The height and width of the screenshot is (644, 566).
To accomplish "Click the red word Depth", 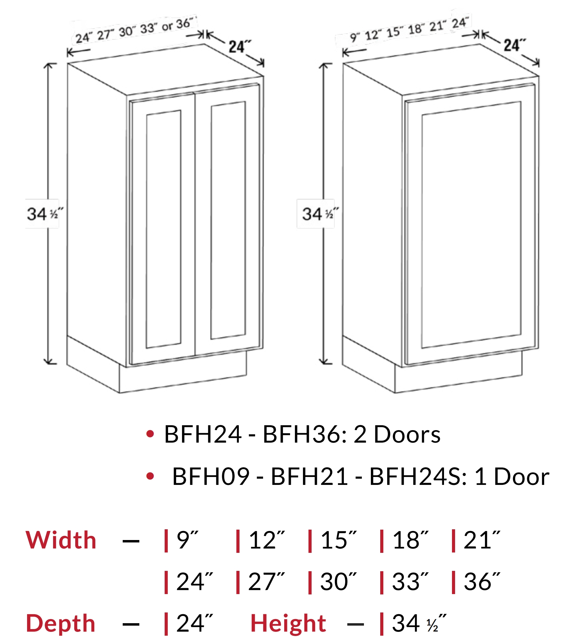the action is coord(61,623).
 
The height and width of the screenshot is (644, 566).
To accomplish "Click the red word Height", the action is coord(288,623).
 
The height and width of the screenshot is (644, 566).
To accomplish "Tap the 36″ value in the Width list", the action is coord(482,581).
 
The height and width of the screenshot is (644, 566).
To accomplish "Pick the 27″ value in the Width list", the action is coord(266,581).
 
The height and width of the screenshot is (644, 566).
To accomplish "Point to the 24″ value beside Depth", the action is coord(194,623).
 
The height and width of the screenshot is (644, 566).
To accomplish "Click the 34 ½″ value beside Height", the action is coord(419,623).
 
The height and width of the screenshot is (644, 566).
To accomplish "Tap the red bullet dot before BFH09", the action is coord(150,476).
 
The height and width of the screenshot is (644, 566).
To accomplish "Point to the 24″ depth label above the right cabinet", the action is coord(515,45).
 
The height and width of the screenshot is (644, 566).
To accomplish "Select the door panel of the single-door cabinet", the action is coord(471,224).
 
